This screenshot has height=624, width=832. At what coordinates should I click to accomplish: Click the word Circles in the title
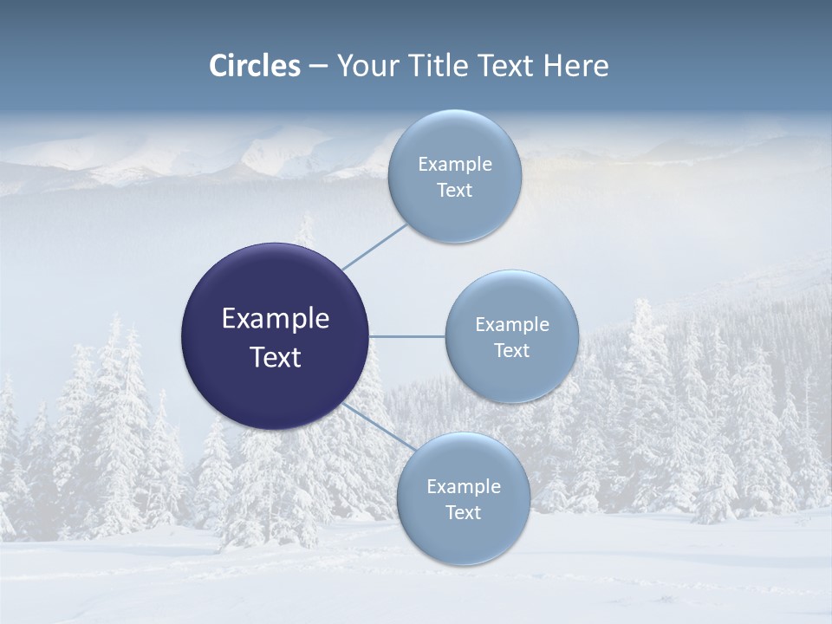pyautogui.click(x=255, y=66)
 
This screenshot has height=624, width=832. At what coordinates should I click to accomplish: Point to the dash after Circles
pyautogui.click(x=318, y=67)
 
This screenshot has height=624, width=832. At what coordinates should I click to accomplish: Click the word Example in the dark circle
pyautogui.click(x=276, y=318)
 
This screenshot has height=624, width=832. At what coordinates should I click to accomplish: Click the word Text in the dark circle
pyautogui.click(x=276, y=357)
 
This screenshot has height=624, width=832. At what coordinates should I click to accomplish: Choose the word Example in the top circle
pyautogui.click(x=455, y=164)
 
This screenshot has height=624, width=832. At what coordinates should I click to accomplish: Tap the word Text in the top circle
pyautogui.click(x=455, y=190)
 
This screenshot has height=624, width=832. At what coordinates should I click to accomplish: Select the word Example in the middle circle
pyautogui.click(x=512, y=324)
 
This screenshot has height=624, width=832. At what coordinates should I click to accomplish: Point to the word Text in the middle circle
pyautogui.click(x=512, y=350)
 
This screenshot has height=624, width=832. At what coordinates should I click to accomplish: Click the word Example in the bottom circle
pyautogui.click(x=464, y=486)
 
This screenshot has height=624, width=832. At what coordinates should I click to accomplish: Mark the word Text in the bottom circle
pyautogui.click(x=464, y=512)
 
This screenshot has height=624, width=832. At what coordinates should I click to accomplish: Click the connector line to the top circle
pyautogui.click(x=374, y=247)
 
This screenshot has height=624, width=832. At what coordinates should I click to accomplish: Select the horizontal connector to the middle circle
pyautogui.click(x=407, y=336)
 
